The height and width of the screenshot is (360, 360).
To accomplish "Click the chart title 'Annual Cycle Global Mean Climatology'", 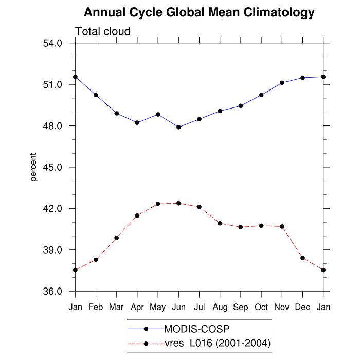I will pyautogui.click(x=199, y=12).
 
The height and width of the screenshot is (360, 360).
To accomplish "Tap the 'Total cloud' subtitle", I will pyautogui.click(x=103, y=31).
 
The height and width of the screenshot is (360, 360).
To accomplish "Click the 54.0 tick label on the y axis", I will pyautogui.click(x=52, y=43).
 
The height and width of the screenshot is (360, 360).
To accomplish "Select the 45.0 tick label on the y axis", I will pyautogui.click(x=52, y=168).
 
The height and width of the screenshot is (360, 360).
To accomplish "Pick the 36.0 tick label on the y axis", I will pyautogui.click(x=52, y=292).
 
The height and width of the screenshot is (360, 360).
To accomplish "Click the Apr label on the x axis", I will pyautogui.click(x=137, y=307).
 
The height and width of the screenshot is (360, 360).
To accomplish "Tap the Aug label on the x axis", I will pyautogui.click(x=220, y=307).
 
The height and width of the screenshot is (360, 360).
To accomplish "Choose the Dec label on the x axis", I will pyautogui.click(x=302, y=307).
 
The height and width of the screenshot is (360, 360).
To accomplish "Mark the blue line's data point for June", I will pyautogui.click(x=178, y=127).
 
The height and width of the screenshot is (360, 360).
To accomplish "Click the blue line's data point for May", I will pyautogui.click(x=158, y=114).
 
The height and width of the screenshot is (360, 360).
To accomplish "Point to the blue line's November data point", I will pyautogui.click(x=282, y=83).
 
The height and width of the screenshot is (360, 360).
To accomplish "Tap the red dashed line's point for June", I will pyautogui.click(x=178, y=203).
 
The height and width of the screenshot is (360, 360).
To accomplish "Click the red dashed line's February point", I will pyautogui.click(x=96, y=260).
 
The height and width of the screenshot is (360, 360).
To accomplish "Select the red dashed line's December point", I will pyautogui.click(x=302, y=258).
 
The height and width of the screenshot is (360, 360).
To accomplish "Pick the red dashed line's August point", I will pyautogui.click(x=220, y=223).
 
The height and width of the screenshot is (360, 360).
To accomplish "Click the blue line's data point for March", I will pyautogui.click(x=117, y=113).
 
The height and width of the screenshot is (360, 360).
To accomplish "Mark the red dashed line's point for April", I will pyautogui.click(x=137, y=215).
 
